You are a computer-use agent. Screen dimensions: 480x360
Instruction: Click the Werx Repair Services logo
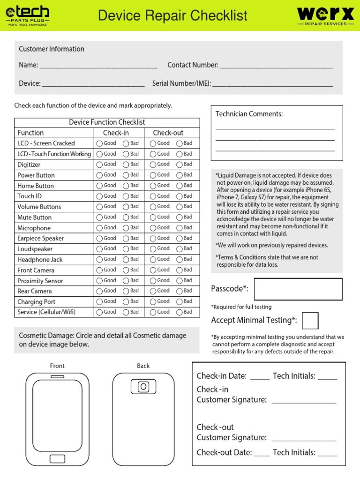coord(325,15)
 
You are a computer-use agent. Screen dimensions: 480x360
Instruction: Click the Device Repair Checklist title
coord(172,15)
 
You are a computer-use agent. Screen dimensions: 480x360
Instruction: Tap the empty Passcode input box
coord(298,289)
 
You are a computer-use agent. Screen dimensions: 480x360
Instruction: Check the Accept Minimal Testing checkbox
coord(310,321)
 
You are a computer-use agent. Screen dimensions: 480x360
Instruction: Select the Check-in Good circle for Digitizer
coord(99,165)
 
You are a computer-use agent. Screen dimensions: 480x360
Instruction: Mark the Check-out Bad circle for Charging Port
coord(180,302)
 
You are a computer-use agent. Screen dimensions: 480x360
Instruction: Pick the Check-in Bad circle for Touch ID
coord(126,196)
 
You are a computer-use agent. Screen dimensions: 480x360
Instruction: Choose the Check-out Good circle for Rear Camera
coord(153,291)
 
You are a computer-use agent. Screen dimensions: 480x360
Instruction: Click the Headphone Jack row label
coord(40,260)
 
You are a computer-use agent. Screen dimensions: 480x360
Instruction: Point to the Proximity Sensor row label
coord(40,281)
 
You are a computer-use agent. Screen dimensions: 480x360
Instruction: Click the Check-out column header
coord(168,133)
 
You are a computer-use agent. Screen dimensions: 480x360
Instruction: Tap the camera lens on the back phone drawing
coord(143,387)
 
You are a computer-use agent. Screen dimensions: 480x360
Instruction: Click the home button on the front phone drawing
coord(57,458)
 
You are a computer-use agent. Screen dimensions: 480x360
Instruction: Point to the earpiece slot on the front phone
coord(57,376)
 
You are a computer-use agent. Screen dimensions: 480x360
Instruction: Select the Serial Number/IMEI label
coord(181,84)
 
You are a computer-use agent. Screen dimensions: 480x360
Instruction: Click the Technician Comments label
coord(249,114)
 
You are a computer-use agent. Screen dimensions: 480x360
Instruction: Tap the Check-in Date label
coord(221,376)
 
